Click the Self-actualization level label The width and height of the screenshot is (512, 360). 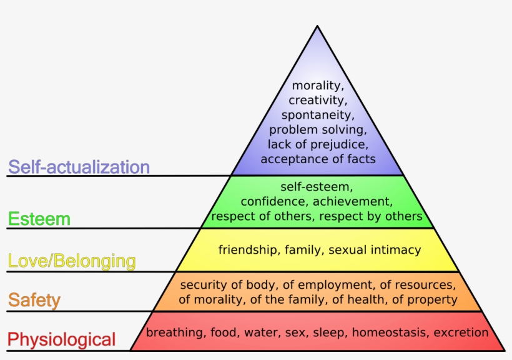tap(79, 167)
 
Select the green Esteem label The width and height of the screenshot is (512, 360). tap(39, 219)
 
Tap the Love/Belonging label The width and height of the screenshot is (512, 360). tap(71, 261)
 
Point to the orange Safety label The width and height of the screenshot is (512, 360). tap(34, 301)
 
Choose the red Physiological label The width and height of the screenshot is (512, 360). tap(61, 340)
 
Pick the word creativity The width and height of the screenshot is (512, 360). tap(318, 101)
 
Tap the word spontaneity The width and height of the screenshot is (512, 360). tap(318, 116)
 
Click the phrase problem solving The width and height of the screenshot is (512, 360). tap(318, 130)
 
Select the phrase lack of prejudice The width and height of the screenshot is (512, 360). tap(318, 144)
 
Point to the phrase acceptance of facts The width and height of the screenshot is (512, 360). tap(318, 159)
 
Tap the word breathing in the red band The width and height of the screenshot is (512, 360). tap(174, 332)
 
